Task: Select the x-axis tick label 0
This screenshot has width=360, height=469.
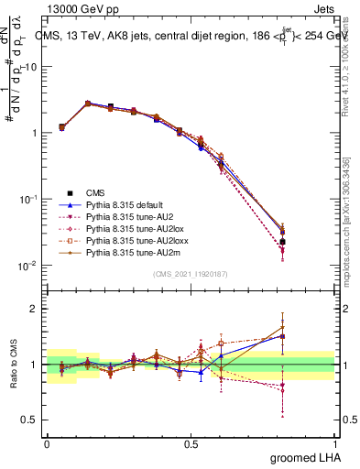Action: (x=47, y=442)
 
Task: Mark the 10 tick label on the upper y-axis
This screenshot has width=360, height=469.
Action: (x=31, y=67)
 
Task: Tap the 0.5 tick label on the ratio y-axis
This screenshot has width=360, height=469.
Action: (x=32, y=421)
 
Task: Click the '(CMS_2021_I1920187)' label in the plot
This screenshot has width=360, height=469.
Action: (x=190, y=274)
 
